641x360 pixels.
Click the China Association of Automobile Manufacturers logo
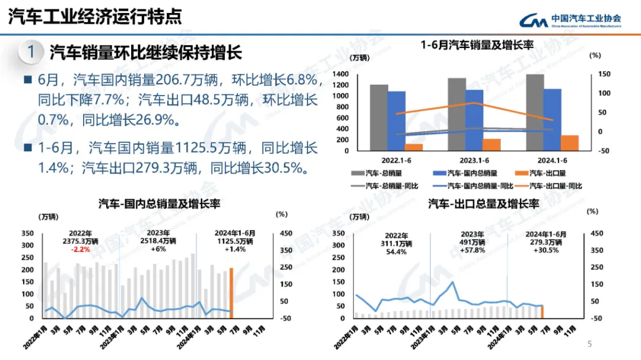coord(570,20)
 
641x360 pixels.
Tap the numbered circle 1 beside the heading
coord(31,52)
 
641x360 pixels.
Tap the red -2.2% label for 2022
coord(81,250)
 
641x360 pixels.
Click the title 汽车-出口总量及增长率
coord(483,204)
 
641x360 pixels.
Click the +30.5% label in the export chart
coord(545,250)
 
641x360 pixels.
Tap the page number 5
coord(589,344)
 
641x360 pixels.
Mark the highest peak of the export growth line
coord(453,282)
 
